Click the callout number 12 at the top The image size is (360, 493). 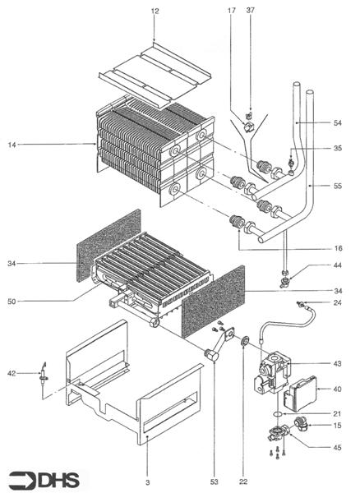(x=155, y=10)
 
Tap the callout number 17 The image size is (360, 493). (x=231, y=10)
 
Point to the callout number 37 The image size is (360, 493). (x=251, y=10)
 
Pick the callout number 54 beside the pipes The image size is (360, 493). (x=338, y=122)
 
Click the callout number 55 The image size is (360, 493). (x=338, y=187)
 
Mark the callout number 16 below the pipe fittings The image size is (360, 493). (x=338, y=246)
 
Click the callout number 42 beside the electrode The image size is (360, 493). (x=12, y=374)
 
